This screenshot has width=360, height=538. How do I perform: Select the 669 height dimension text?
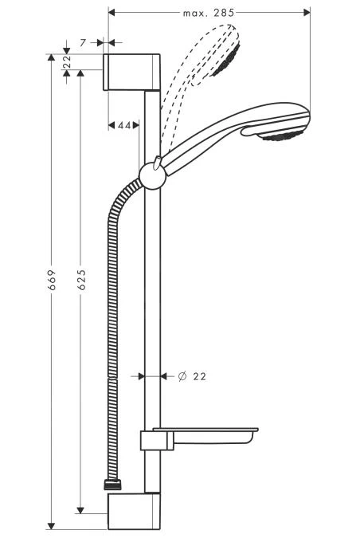pyautogui.click(x=50, y=279)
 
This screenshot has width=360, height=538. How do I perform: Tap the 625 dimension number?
pyautogui.click(x=80, y=279)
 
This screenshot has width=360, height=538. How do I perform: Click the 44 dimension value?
pyautogui.click(x=124, y=125)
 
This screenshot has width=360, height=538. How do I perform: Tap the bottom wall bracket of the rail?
pyautogui.click(x=133, y=510)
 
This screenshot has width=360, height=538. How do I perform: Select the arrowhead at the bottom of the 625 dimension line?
pyautogui.click(x=80, y=508)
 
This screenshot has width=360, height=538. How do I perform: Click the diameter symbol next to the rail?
pyautogui.click(x=181, y=375)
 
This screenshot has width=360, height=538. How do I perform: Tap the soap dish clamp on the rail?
pyautogui.click(x=151, y=441)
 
